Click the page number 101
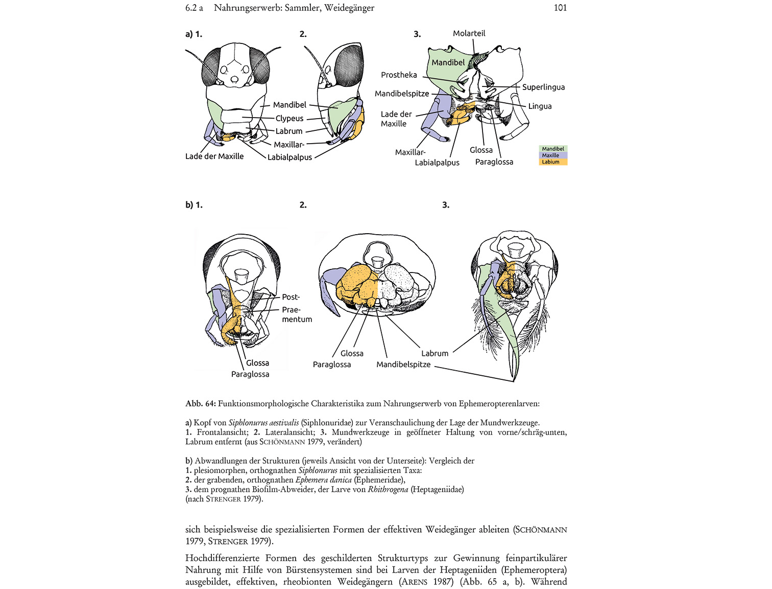click(x=560, y=8)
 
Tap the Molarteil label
click(x=469, y=33)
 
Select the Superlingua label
click(x=543, y=87)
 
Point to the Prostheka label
click(x=399, y=75)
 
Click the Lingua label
click(x=540, y=106)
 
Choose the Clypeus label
click(x=289, y=118)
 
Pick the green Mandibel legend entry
click(x=553, y=149)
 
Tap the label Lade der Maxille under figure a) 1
click(x=214, y=156)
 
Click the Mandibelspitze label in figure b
click(x=403, y=365)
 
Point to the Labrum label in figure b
click(x=435, y=353)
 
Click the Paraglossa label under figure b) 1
click(x=250, y=374)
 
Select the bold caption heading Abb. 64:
click(x=201, y=404)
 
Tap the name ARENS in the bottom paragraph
click(x=414, y=582)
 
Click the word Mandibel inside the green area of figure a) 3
click(x=448, y=62)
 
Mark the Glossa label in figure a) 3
click(x=481, y=150)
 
